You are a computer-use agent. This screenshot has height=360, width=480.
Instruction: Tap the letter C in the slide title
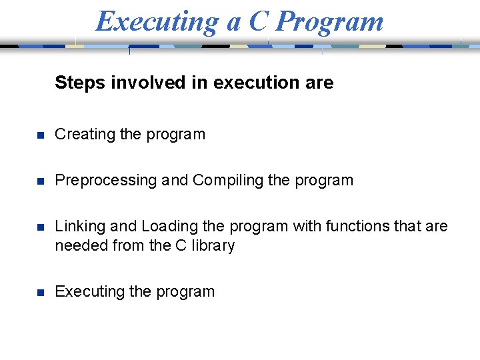258,21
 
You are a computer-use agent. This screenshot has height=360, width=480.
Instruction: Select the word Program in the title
329,21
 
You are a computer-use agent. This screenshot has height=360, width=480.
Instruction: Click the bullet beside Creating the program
40,135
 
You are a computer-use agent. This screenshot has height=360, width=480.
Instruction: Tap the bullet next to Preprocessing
40,181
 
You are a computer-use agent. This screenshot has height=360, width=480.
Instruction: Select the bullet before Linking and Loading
40,227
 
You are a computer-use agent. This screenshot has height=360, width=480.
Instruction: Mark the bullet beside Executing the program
40,293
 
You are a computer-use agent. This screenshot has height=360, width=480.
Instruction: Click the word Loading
169,226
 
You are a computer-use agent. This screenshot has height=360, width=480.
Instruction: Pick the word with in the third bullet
307,226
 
